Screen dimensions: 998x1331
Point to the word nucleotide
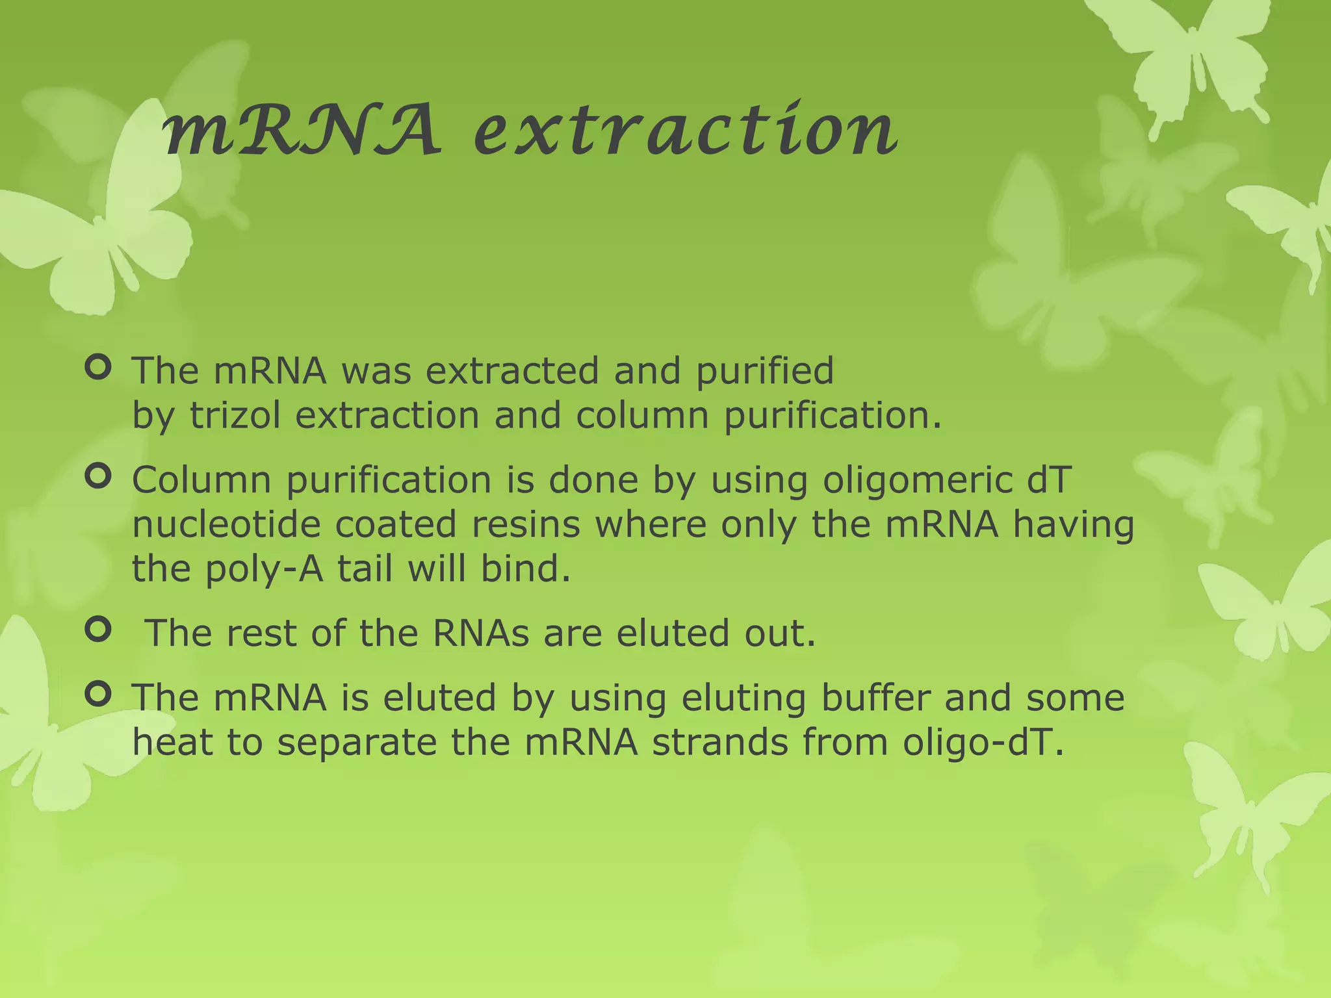tap(226, 524)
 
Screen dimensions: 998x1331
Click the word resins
tap(525, 524)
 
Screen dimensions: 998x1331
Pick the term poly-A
tap(264, 569)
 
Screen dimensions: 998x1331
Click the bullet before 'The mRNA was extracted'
tap(98, 368)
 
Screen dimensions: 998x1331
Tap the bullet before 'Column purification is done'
tap(98, 478)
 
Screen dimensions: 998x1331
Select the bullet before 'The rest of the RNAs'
tap(98, 630)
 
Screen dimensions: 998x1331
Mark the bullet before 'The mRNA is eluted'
tap(98, 695)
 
